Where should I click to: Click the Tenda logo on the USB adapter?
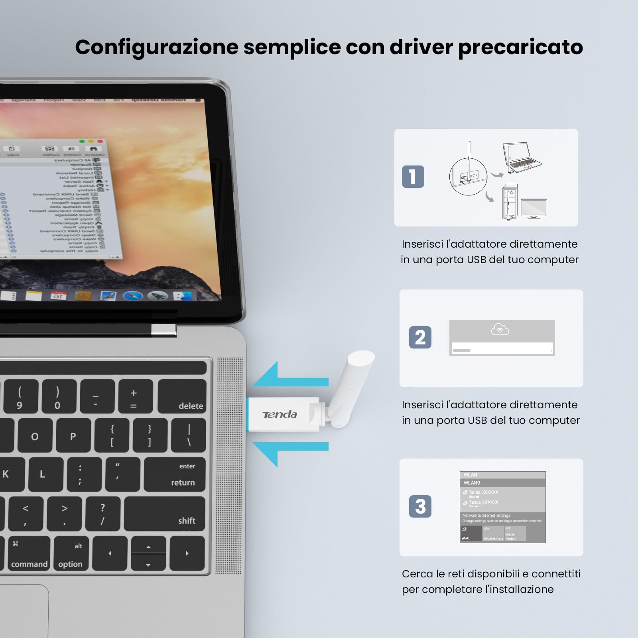(x=280, y=415)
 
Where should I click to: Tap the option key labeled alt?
(x=71, y=553)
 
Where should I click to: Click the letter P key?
(x=73, y=435)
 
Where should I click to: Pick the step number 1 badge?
(x=413, y=177)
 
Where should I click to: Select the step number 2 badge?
(x=420, y=337)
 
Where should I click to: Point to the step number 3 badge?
(x=420, y=506)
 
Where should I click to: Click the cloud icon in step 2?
(x=500, y=329)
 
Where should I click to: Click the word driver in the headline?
(x=421, y=47)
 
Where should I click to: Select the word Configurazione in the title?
(x=157, y=47)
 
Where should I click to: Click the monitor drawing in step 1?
(x=534, y=208)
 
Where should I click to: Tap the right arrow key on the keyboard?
(x=187, y=553)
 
